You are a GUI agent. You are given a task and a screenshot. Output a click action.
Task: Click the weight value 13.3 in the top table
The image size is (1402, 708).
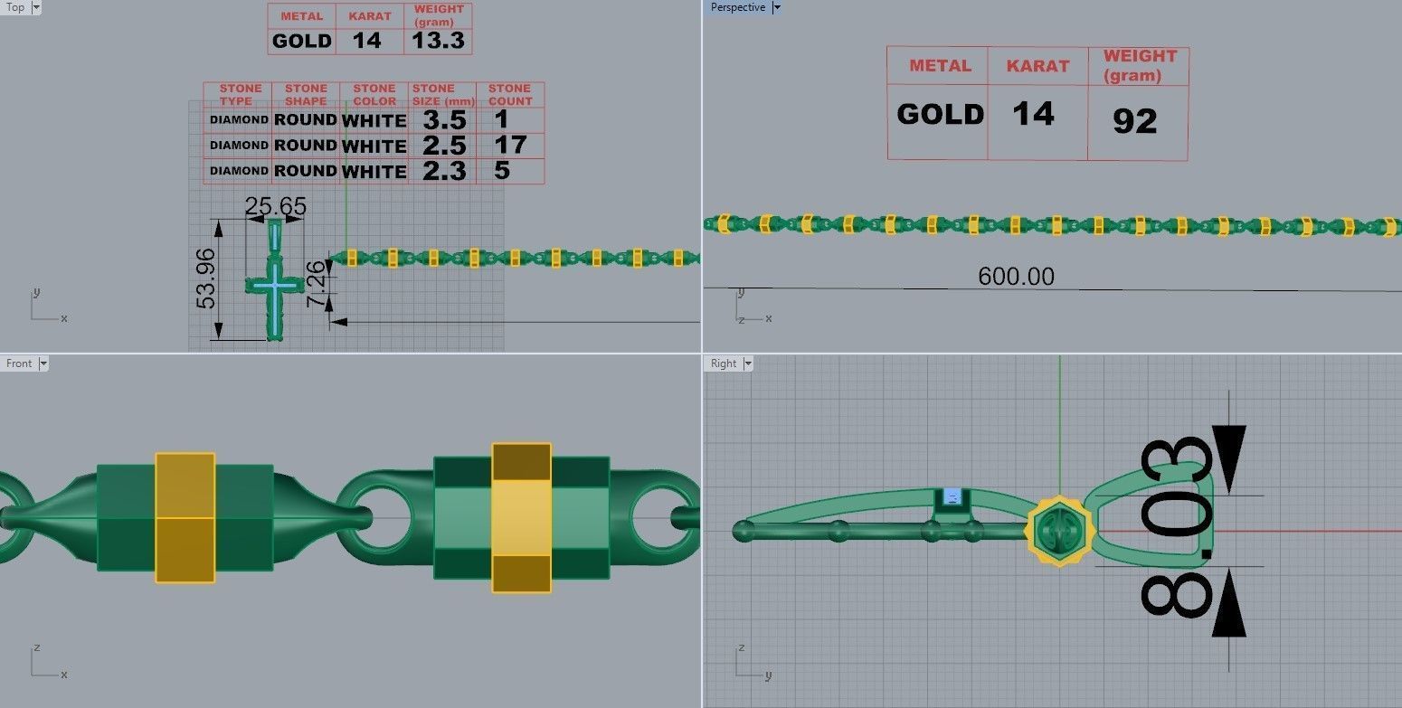pos(439,41)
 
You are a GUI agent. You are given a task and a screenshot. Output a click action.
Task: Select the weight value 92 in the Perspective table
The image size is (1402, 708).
pos(1134,120)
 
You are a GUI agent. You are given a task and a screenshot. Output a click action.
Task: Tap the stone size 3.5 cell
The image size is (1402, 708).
pos(444,120)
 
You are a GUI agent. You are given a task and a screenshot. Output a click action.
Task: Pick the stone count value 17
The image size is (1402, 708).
pos(510,145)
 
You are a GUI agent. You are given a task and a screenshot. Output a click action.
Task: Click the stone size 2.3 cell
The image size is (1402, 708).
pos(444,170)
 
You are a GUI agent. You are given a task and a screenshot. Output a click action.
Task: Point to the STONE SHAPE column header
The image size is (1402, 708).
pos(306,95)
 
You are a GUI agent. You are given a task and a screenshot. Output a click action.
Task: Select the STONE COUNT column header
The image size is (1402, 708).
pos(509,95)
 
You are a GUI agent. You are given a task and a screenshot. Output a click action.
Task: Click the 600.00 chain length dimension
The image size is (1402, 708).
pos(1016,276)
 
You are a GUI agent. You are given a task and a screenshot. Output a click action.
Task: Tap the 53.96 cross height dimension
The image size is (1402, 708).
pos(207,278)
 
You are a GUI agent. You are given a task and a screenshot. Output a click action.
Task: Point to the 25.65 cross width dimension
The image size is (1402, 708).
pos(275,207)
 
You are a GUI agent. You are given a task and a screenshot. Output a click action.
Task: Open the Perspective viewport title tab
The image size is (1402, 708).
pos(738,7)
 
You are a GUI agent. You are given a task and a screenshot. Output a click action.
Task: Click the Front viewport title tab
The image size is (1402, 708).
pos(19,363)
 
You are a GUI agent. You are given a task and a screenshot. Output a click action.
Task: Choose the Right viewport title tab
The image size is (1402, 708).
pos(724,363)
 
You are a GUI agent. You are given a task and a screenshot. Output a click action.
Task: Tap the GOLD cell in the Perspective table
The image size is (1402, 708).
pos(940,115)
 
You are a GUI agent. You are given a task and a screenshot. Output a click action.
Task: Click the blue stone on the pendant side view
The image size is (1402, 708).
pos(951,496)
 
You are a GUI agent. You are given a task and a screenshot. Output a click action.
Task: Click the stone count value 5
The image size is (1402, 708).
pos(502,170)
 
